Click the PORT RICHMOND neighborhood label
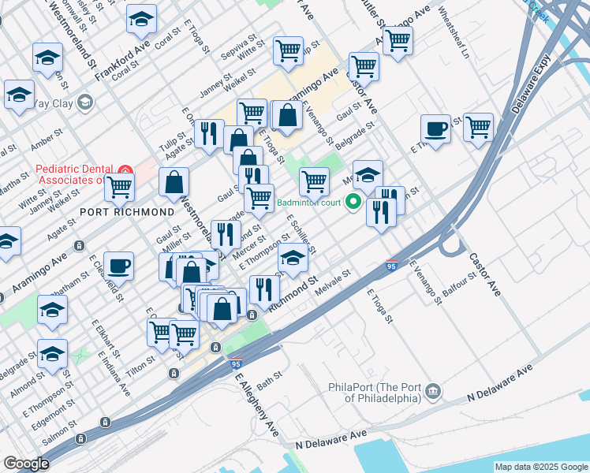click(126, 212)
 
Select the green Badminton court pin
click(353, 203)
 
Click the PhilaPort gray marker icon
click(432, 391)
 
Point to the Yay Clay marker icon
click(85, 101)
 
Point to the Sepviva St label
click(243, 38)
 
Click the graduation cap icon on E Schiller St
click(293, 258)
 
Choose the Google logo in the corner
click(26, 464)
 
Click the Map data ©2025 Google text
click(540, 467)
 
